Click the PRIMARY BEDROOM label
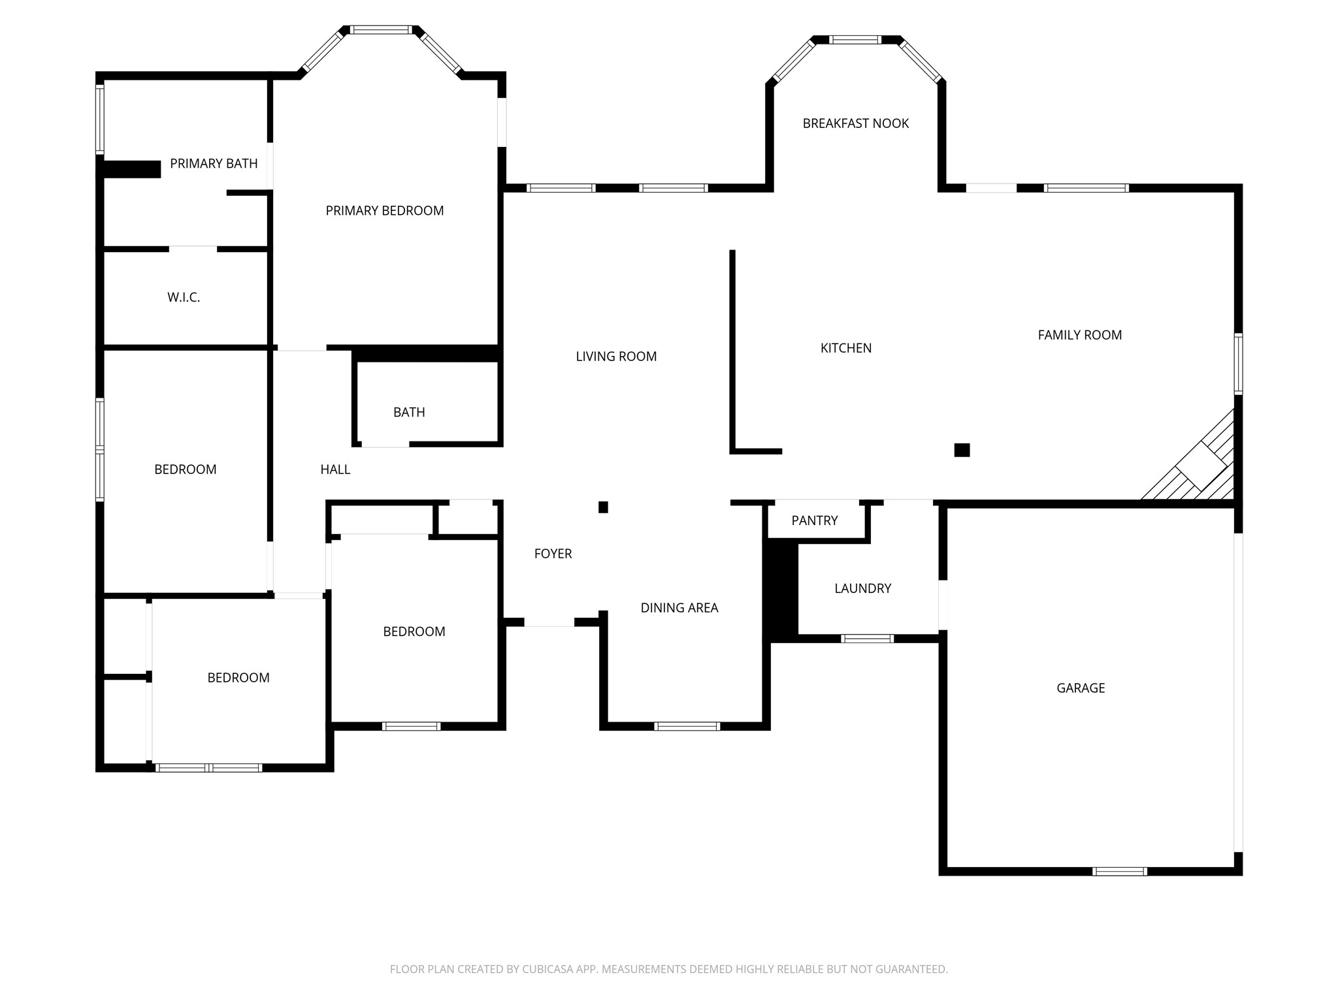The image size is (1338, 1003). tap(385, 211)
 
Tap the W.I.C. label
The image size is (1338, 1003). tap(184, 298)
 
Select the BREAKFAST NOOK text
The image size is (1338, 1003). tap(856, 123)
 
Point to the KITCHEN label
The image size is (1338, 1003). tap(846, 348)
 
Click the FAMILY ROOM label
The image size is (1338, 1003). tap(1080, 335)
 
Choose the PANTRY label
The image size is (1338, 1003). tap(815, 520)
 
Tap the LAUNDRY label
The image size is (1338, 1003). tap(863, 588)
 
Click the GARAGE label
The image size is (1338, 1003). tap(1081, 688)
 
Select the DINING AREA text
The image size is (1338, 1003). tap(679, 608)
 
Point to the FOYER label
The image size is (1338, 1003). tap(553, 554)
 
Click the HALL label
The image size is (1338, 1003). tap(336, 470)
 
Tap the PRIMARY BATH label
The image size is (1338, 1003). tap(214, 164)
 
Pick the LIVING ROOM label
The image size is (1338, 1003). tap(617, 357)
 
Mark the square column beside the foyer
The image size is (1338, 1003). tap(604, 507)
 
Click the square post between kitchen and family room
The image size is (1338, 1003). tap(962, 450)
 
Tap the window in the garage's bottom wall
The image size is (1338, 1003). tap(1120, 871)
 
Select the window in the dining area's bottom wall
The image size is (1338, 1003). tap(687, 726)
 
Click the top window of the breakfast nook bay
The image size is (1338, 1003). tap(856, 40)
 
